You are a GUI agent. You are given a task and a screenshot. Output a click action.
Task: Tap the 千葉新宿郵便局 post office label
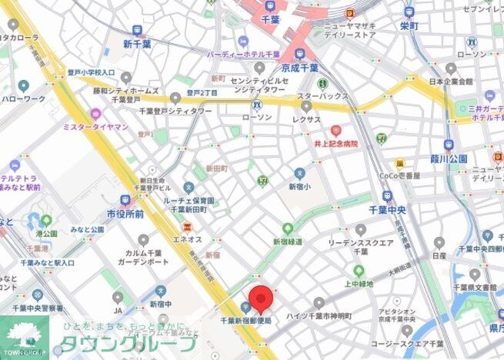245,320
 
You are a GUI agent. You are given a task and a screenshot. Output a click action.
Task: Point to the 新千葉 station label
139,45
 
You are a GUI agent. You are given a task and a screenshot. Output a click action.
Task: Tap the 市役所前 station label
125,214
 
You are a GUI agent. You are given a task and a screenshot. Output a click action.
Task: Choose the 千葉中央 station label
386,209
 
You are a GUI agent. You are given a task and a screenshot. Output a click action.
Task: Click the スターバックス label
322,96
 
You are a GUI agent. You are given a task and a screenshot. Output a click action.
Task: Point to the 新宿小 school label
299,187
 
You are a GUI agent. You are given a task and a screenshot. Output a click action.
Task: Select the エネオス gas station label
187,239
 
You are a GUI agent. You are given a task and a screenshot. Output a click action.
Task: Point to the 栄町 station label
409,25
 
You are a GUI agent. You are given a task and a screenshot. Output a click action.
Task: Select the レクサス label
306,119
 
